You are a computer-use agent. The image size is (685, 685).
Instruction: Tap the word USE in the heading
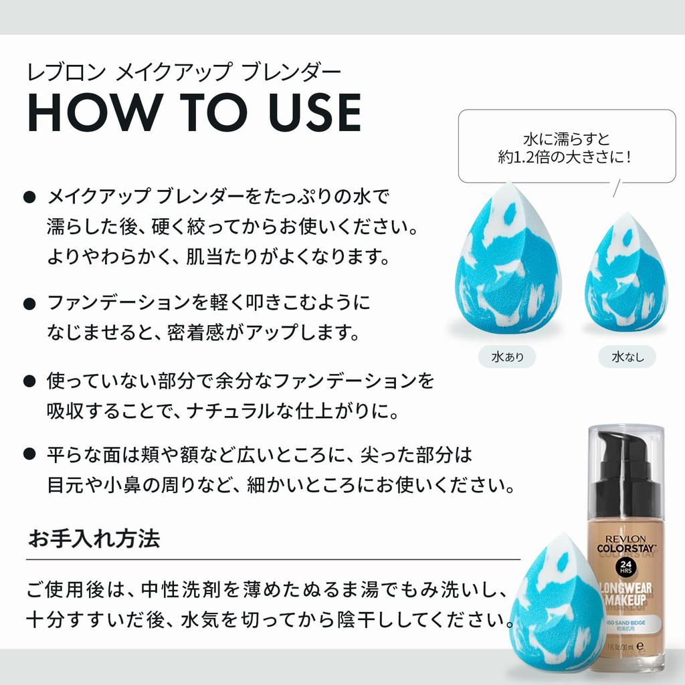point(315,112)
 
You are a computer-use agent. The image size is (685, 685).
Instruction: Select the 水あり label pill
point(507,357)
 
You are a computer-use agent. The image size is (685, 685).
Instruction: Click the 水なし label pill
point(627,357)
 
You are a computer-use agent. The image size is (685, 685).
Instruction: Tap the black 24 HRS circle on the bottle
point(625,567)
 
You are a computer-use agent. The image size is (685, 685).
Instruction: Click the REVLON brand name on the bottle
point(625,540)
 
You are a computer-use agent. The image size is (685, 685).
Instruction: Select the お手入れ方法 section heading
point(94,539)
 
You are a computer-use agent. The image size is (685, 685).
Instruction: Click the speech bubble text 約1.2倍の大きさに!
point(565,157)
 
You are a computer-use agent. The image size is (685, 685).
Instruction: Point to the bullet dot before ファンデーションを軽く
point(29,304)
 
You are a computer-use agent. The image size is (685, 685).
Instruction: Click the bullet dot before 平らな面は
point(29,454)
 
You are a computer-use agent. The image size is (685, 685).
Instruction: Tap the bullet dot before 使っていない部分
point(29,381)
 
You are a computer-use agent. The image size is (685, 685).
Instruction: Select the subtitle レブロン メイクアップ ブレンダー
point(184,72)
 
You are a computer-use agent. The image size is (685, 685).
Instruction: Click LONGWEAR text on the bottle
point(625,589)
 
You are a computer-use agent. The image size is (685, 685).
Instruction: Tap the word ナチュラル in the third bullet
point(230,411)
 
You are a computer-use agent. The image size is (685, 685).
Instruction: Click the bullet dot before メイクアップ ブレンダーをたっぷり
point(29,197)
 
